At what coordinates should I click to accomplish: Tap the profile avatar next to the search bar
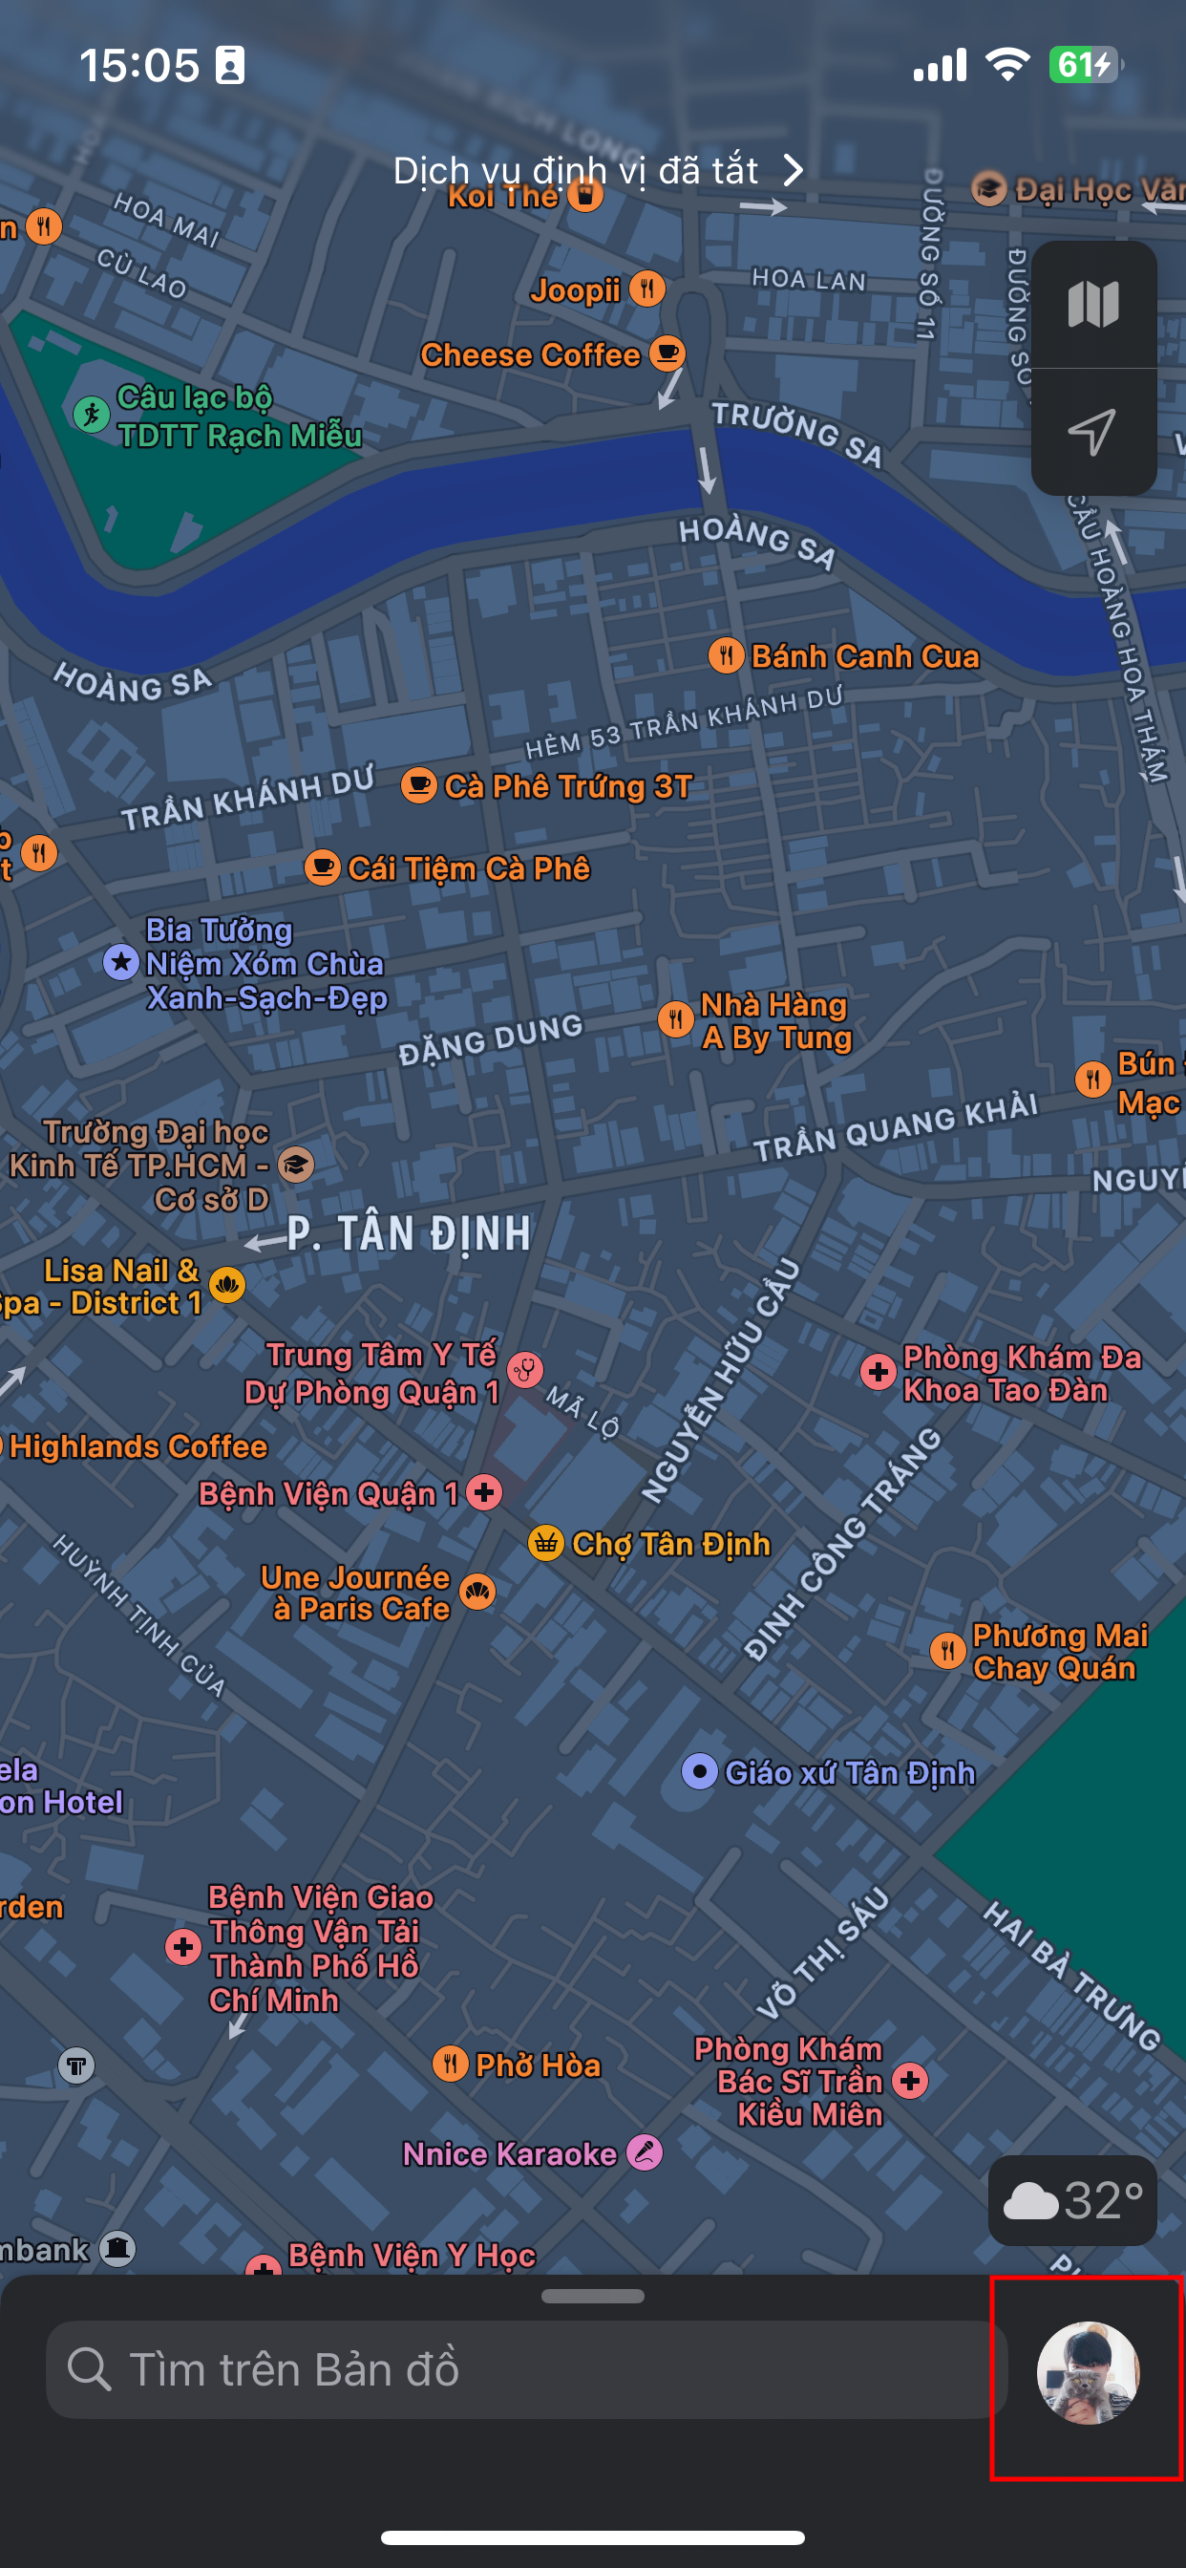(1088, 2371)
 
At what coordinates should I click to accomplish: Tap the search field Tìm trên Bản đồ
(526, 2369)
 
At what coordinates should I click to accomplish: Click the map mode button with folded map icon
(1093, 304)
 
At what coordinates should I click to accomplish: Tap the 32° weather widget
(1071, 2200)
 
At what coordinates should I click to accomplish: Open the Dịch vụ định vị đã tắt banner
(598, 170)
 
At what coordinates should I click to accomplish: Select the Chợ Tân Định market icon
(546, 1543)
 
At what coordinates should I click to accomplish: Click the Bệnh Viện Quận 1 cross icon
(484, 1492)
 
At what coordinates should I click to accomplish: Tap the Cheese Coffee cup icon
(667, 353)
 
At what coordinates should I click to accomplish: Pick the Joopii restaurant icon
(647, 289)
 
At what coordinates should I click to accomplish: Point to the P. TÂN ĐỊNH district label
(409, 1234)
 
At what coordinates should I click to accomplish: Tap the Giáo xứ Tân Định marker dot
(700, 1771)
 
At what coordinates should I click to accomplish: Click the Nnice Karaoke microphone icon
(645, 2152)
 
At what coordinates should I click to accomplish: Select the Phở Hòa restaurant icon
(451, 2064)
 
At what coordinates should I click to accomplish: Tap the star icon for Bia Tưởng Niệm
(121, 962)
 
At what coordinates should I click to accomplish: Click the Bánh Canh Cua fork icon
(727, 656)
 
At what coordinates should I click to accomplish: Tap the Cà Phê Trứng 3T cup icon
(419, 785)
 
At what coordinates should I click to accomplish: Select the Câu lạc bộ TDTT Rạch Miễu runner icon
(92, 413)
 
